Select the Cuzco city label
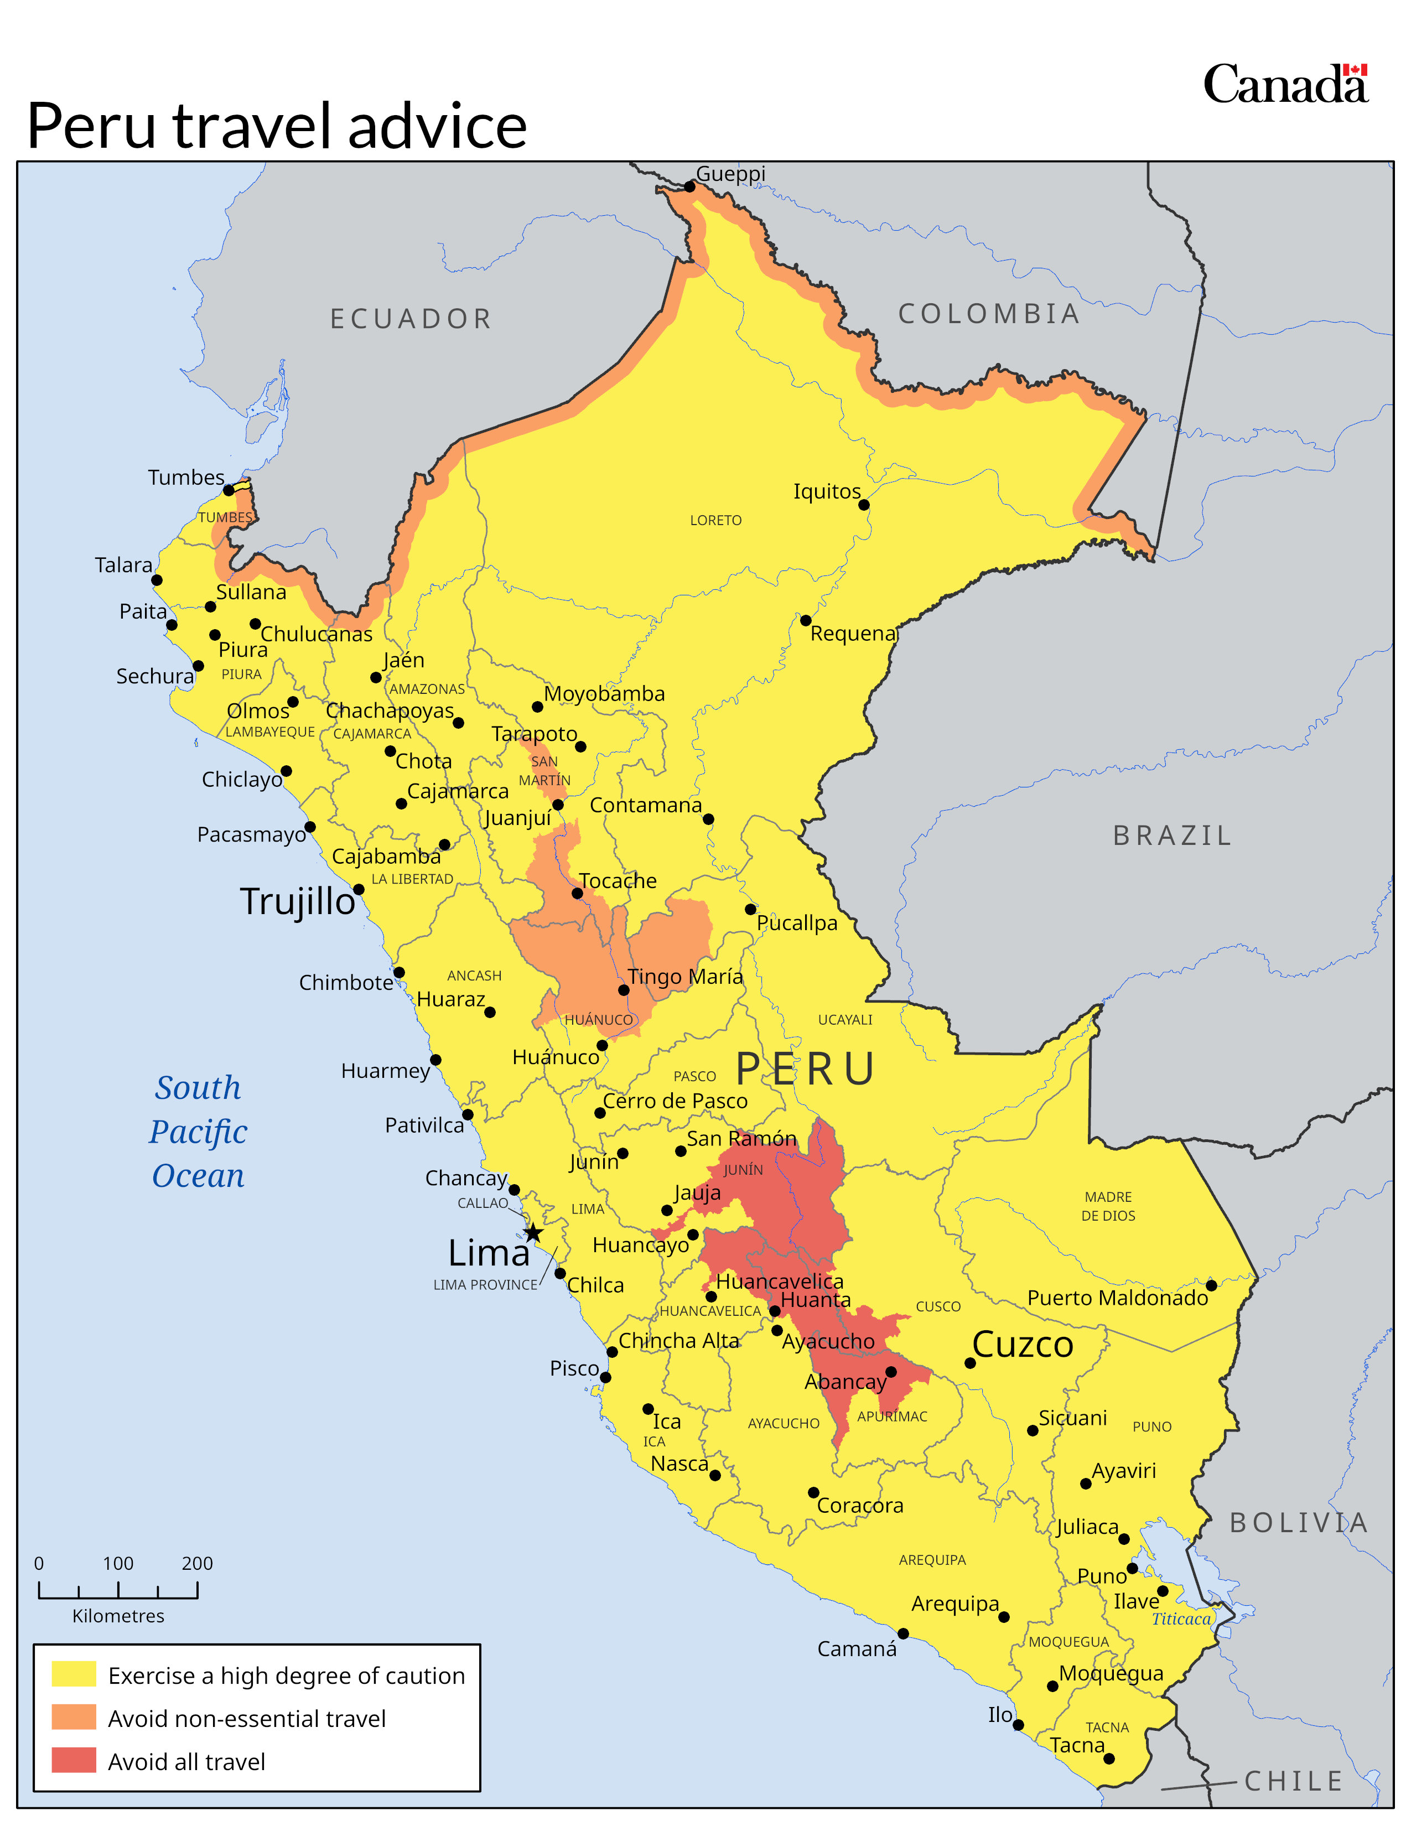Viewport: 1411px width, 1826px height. (x=1023, y=1345)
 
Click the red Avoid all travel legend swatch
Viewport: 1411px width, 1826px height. (x=74, y=1760)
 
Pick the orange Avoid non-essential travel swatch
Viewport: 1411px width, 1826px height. (x=74, y=1718)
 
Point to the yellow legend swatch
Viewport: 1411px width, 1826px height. (x=74, y=1674)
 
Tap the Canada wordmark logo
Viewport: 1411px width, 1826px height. (x=1285, y=85)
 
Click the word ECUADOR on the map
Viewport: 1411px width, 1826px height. (x=411, y=319)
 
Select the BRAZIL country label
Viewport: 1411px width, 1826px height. (x=1172, y=835)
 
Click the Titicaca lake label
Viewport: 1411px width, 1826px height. (x=1181, y=1618)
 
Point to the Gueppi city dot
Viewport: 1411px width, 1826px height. (x=689, y=186)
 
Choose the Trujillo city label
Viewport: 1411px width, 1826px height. (x=298, y=901)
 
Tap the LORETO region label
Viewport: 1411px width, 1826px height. (x=715, y=520)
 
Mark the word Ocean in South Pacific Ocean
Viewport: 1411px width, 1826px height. (x=198, y=1175)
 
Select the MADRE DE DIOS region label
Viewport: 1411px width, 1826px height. (x=1108, y=1206)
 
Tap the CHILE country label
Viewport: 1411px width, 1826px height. (x=1293, y=1781)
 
